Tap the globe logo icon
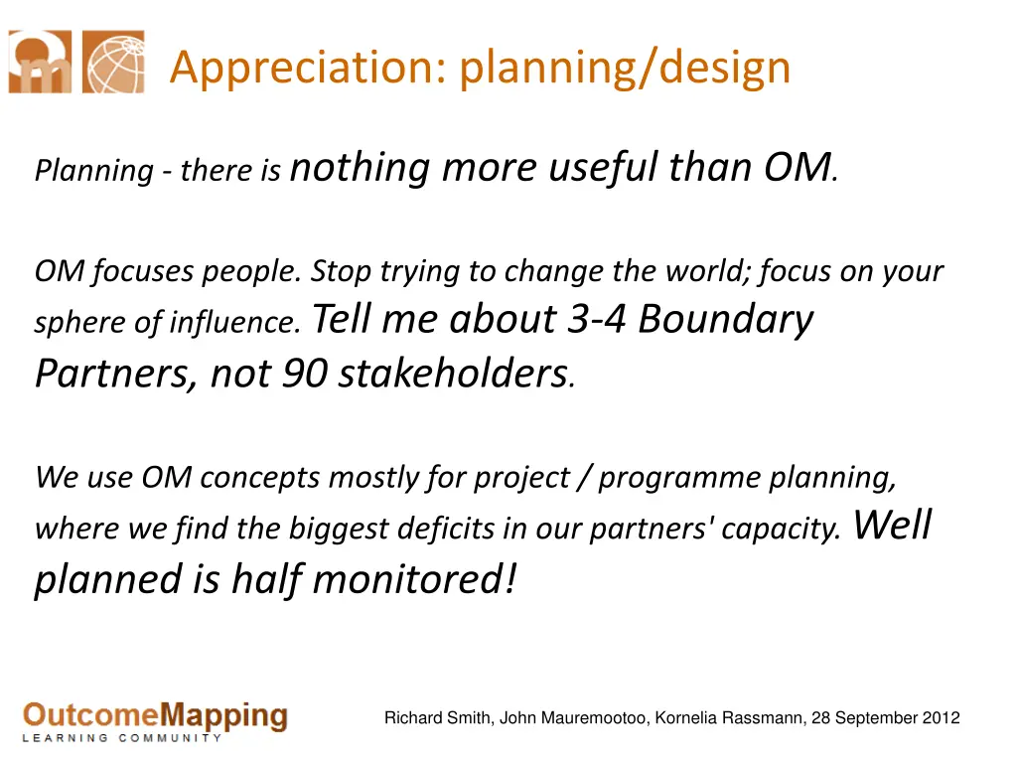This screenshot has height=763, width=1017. [x=113, y=62]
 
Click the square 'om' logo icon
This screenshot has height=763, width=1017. [x=40, y=62]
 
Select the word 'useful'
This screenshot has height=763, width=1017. [x=603, y=168]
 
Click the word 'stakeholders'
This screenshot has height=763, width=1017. [x=453, y=374]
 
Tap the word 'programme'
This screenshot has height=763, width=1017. [x=678, y=479]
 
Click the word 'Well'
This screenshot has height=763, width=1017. [x=893, y=525]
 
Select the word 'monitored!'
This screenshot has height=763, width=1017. [x=414, y=579]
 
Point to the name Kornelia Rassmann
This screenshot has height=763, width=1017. [x=730, y=718]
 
